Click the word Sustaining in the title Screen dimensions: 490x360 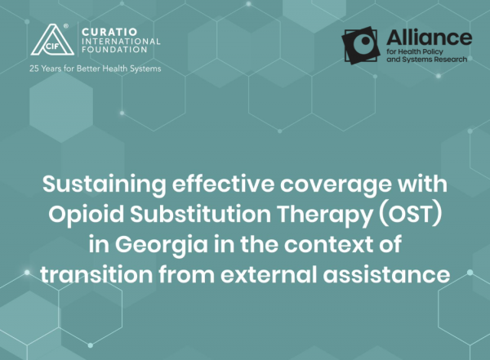tap(104, 184)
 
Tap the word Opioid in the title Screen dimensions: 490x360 tap(87, 215)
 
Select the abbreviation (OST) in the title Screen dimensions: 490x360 tap(410, 215)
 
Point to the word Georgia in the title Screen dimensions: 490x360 tap(161, 244)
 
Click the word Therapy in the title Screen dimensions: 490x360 tap(325, 215)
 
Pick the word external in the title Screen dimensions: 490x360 tap(269, 274)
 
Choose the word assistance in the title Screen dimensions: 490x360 tap(386, 275)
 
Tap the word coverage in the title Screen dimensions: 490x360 tap(336, 185)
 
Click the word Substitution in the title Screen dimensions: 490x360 tap(201, 215)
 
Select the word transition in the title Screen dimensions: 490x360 tap(96, 274)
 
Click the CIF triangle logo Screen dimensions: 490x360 tap(52, 40)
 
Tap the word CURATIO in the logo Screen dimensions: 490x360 tap(109, 32)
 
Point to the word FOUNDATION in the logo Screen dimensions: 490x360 tap(114, 49)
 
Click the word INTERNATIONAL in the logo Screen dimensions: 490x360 tap(121, 41)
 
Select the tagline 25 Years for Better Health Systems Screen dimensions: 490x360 tap(96, 69)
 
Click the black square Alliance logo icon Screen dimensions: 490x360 tap(361, 46)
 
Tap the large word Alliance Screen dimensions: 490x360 tap(429, 38)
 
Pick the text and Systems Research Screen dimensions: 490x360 tap(427, 60)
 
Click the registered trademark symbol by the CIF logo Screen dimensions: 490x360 tap(66, 26)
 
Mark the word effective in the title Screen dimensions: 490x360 tap(223, 184)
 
